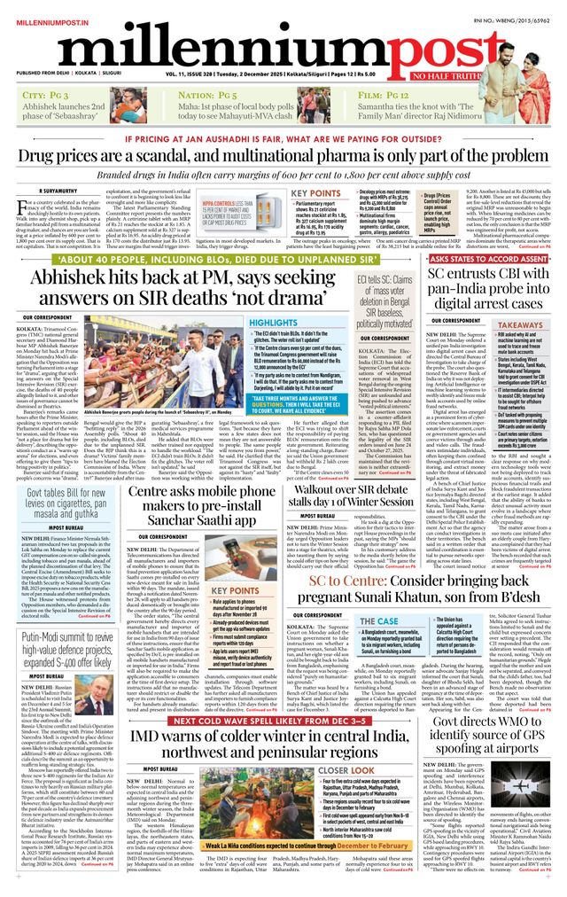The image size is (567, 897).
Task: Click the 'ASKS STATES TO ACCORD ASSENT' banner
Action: [x=477, y=235]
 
